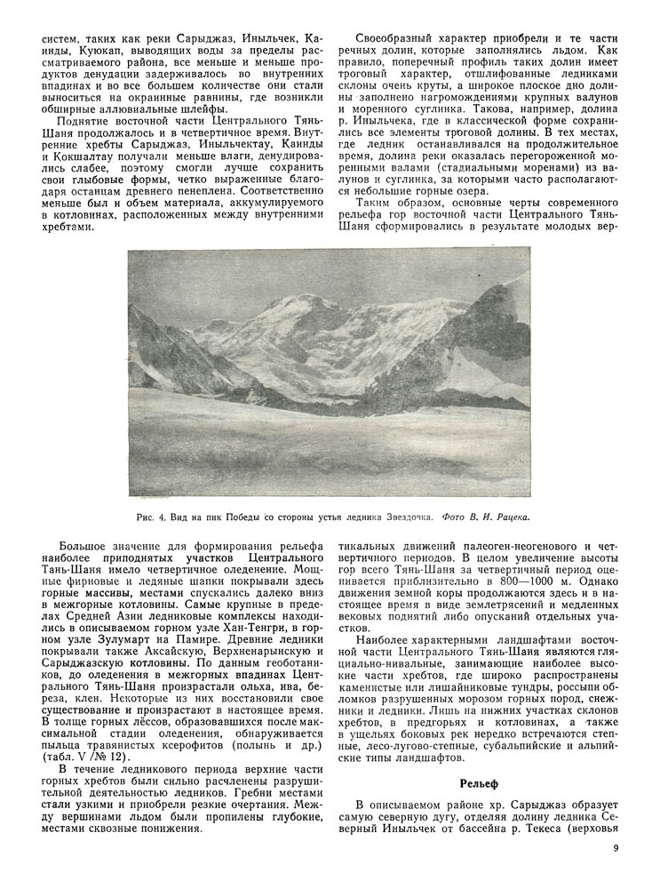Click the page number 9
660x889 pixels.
[615, 847]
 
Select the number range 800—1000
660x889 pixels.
[500, 589]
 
